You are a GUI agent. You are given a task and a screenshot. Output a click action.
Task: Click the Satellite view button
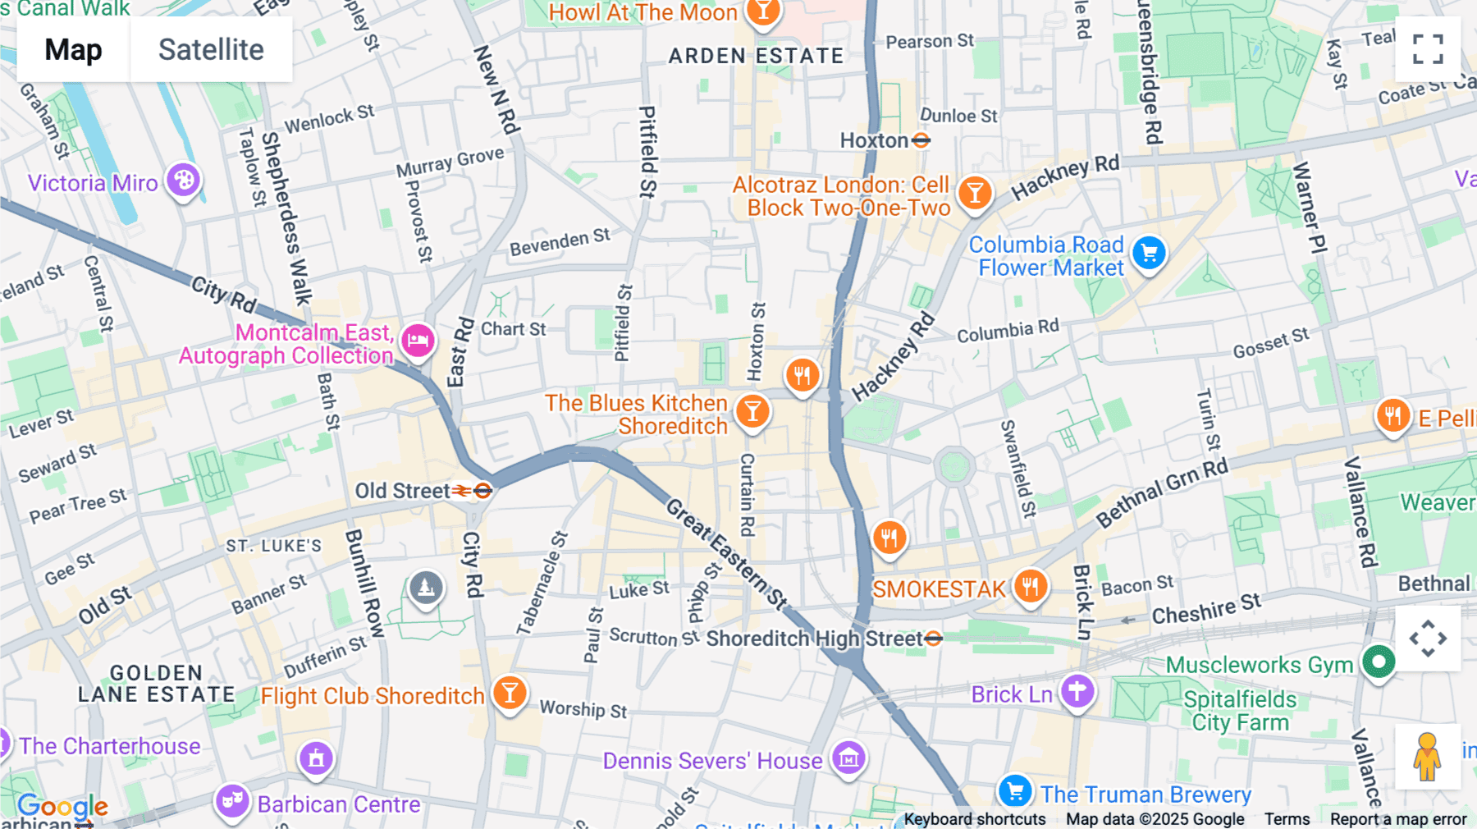click(x=211, y=49)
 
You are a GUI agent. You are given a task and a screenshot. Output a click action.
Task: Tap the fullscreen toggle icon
click(x=1428, y=49)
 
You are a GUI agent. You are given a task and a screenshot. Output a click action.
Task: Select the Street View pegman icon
click(x=1427, y=756)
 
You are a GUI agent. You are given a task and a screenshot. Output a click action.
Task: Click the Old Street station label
click(x=402, y=491)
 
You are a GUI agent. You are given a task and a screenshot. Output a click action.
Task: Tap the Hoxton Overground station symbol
click(x=921, y=140)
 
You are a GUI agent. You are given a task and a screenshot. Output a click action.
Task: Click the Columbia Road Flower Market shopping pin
click(x=1149, y=254)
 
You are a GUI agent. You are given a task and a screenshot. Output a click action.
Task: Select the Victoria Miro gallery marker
click(x=184, y=181)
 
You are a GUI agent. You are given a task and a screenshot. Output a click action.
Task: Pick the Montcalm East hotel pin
click(x=418, y=340)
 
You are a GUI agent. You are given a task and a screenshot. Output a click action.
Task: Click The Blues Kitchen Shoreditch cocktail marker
click(x=752, y=412)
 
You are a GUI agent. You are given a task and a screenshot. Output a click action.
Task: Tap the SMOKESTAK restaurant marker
click(x=1030, y=587)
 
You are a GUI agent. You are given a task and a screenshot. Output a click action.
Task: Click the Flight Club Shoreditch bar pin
click(x=510, y=694)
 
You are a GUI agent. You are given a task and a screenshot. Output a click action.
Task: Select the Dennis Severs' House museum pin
click(x=848, y=758)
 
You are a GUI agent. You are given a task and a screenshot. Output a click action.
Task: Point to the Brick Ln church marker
click(x=1077, y=692)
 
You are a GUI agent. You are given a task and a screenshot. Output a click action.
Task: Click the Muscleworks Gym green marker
click(x=1379, y=662)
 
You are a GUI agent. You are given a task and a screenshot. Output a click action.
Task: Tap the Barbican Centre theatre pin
click(x=232, y=800)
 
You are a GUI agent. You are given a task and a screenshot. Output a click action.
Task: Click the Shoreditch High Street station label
click(x=814, y=639)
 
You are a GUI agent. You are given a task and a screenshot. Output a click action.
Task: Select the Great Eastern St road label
click(x=726, y=554)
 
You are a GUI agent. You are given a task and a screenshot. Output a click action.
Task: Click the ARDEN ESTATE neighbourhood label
click(x=756, y=56)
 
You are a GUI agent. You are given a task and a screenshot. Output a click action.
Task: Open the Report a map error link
click(x=1398, y=819)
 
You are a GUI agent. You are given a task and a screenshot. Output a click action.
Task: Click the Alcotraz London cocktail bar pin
click(x=975, y=194)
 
